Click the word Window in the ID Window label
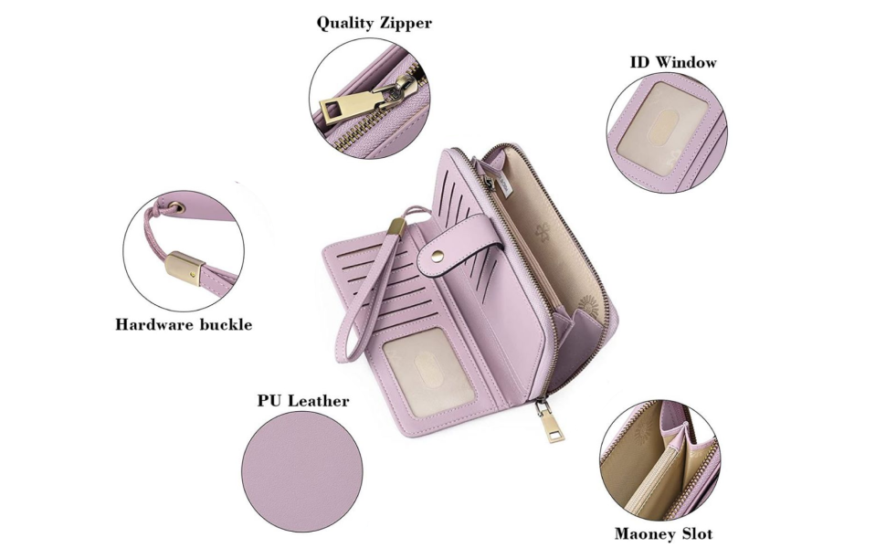(686, 62)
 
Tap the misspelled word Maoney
(645, 533)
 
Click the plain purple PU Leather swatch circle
(302, 471)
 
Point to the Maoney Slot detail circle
(660, 458)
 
